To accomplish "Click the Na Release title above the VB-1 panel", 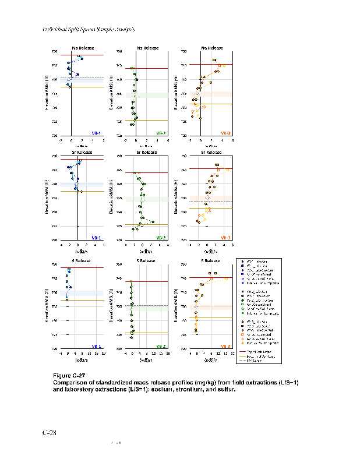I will click(82, 48).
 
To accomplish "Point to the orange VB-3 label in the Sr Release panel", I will click(226, 237).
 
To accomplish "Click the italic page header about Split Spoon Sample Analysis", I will click(89, 29).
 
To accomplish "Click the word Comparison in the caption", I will click(70, 382).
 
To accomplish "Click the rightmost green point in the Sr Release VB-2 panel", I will click(153, 222).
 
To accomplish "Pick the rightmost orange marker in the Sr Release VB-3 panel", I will click(227, 170).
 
